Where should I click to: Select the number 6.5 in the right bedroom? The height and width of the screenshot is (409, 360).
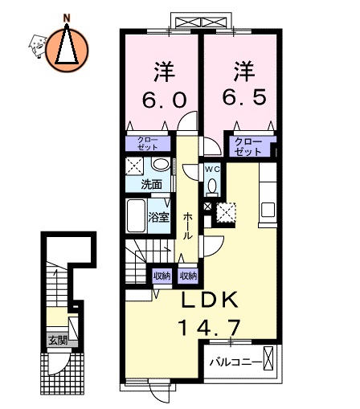pos(240,100)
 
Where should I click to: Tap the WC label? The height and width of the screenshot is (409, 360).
pos(212,170)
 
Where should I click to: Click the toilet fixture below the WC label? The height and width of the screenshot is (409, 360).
pos(212,186)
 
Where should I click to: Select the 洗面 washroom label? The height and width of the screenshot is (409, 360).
pos(151,184)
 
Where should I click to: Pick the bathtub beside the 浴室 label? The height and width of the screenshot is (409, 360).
pos(136,216)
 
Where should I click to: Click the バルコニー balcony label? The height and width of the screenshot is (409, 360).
pos(235,362)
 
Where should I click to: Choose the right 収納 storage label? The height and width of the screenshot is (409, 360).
pos(189,276)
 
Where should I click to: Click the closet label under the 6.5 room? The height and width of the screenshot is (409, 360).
pos(248,146)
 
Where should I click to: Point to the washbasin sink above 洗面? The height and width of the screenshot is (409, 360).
pos(161,166)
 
